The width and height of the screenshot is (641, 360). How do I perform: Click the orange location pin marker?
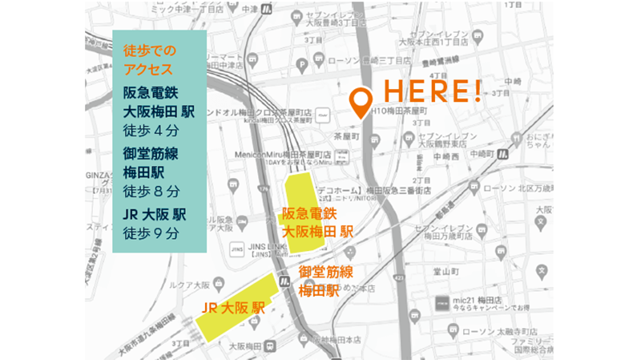pyautogui.click(x=361, y=101)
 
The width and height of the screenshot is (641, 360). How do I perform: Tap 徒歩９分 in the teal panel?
pyautogui.click(x=151, y=233)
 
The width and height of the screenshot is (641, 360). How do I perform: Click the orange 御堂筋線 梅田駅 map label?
pyautogui.click(x=327, y=281)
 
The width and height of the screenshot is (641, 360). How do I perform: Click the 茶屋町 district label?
pyautogui.click(x=350, y=136)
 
